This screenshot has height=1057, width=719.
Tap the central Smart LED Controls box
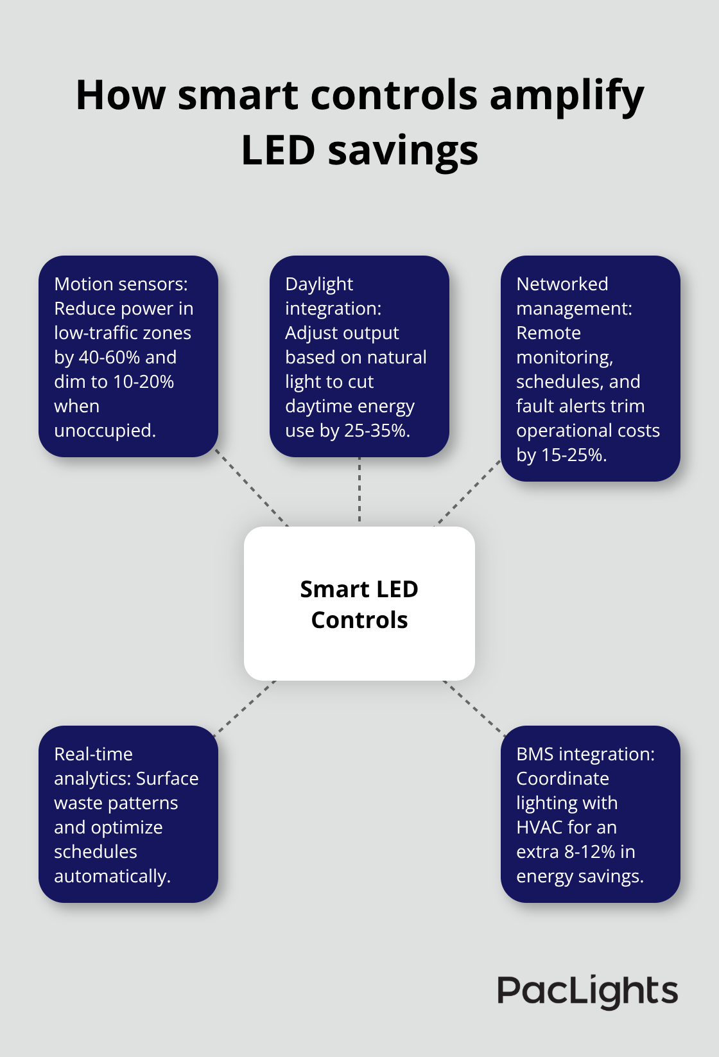359,604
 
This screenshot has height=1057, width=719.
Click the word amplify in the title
567,96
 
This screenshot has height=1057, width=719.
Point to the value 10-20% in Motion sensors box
143,382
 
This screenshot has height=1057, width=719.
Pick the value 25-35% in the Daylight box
376,431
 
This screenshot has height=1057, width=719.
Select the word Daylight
319,284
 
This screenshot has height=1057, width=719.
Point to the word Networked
562,284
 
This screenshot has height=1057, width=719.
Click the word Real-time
93,755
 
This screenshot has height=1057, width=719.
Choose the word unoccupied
105,431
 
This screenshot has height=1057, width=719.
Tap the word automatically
112,877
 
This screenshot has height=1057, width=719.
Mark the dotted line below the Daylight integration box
359,489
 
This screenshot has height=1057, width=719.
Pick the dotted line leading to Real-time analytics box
245,706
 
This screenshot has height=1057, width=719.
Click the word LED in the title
278,152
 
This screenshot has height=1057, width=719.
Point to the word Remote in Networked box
548,333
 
